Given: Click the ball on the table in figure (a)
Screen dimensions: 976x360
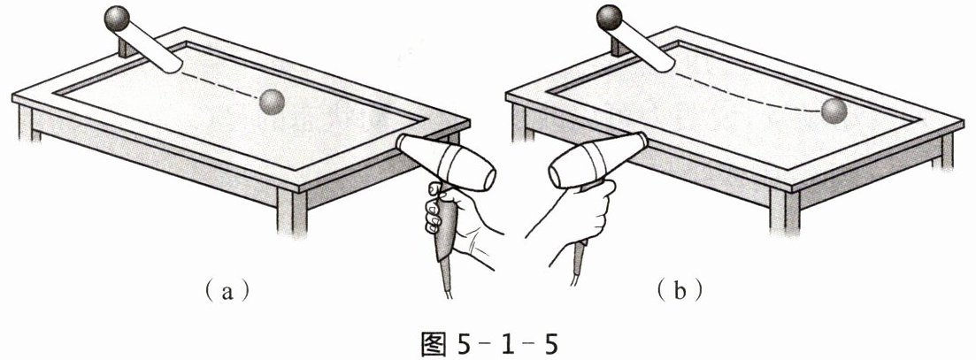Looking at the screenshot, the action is pyautogui.click(x=272, y=102).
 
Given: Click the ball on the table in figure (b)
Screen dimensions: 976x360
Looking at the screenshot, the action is pyautogui.click(x=834, y=111).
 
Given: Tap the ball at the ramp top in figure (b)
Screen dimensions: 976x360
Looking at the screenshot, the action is pyautogui.click(x=610, y=17).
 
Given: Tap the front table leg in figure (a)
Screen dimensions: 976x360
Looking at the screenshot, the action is pyautogui.click(x=292, y=211).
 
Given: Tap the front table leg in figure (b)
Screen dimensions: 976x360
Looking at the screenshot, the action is pyautogui.click(x=785, y=211).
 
